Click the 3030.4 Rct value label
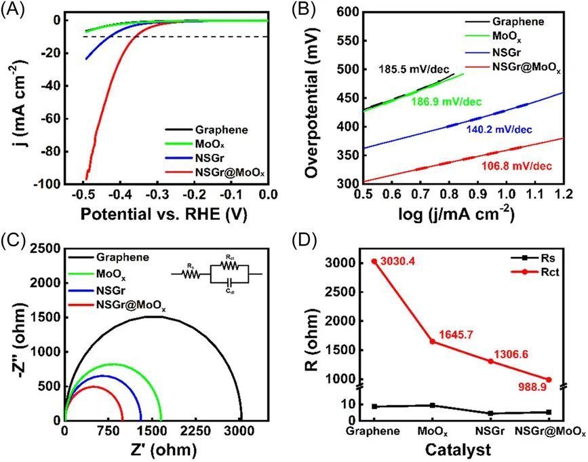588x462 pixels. tap(399, 261)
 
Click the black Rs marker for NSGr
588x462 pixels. tap(490, 413)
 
